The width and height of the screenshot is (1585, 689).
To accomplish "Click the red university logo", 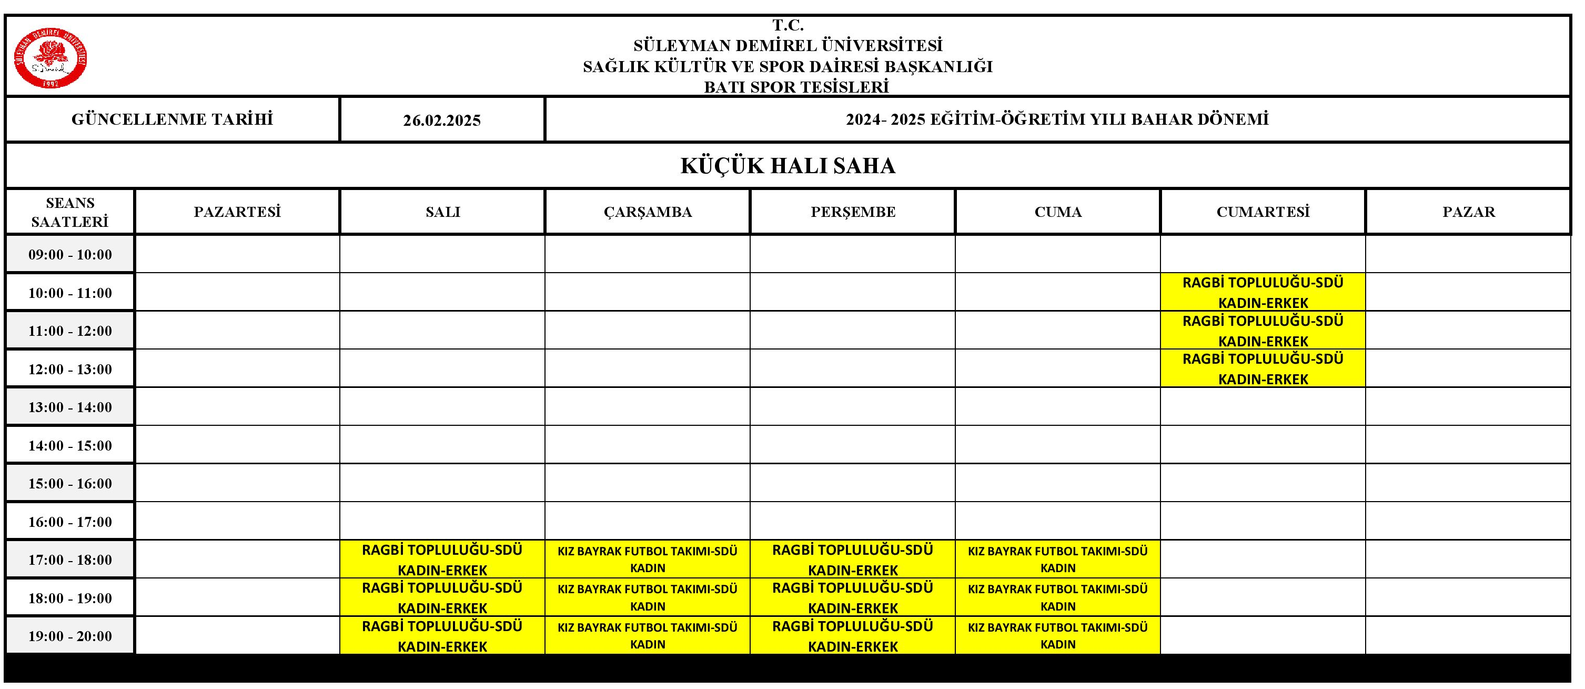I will [x=51, y=58].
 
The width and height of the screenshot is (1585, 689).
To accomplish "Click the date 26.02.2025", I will [x=442, y=120].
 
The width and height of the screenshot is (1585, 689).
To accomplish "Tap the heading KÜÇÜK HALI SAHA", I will [x=788, y=166].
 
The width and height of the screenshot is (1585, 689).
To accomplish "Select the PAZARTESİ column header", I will [x=237, y=212].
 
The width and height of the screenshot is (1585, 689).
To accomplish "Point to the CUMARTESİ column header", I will [x=1263, y=212].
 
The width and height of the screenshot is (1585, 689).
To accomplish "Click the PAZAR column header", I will [x=1468, y=212].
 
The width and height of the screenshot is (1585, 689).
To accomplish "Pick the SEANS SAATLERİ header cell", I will [x=69, y=212].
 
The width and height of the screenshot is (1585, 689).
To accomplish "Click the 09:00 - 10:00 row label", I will [x=69, y=254].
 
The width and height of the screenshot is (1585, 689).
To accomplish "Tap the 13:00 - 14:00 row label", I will [x=69, y=407].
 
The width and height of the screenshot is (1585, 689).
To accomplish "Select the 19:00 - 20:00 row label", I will [x=69, y=636].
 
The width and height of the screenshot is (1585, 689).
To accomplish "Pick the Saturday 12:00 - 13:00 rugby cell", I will [x=1263, y=369].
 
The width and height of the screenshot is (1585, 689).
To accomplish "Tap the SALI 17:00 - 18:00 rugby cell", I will [x=442, y=559].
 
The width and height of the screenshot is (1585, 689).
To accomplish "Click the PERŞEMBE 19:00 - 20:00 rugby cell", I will [x=852, y=635].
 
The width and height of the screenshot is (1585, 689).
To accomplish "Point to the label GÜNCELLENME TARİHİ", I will [x=173, y=119].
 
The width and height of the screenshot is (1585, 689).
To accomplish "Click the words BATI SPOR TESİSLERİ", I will [x=796, y=87].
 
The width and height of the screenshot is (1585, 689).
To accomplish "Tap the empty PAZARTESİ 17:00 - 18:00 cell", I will [x=237, y=559].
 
